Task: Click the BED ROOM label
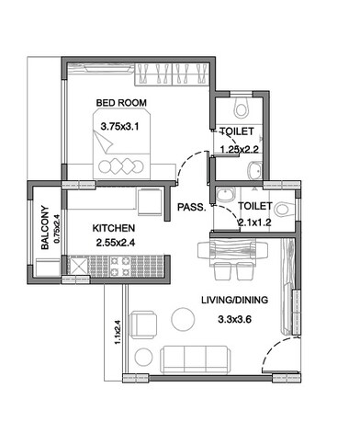point(121,102)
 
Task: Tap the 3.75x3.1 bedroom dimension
point(119,128)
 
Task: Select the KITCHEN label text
point(115,227)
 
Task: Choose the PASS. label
point(190,207)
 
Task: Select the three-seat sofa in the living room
point(196,357)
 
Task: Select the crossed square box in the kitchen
point(77,268)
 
